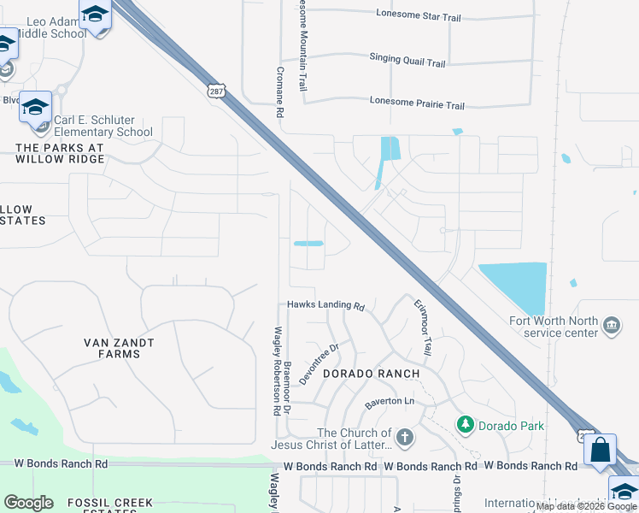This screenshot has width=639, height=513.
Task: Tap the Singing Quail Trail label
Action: pos(407,61)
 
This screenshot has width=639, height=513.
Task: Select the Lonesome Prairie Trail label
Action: pos(417,105)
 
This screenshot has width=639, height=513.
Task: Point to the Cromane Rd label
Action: pos(279,92)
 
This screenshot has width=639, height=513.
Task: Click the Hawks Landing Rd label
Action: pos(325,305)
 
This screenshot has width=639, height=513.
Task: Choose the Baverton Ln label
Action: pos(390,401)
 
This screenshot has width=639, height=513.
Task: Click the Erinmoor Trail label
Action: pos(423,328)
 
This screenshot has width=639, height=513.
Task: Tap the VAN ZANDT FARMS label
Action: pos(120,348)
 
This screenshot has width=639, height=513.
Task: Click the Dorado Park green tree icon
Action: pos(465,424)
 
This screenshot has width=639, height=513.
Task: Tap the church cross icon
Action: pos(405,438)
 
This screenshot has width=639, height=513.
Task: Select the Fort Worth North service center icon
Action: pos(612,325)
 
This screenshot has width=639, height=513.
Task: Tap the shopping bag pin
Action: pos(601,450)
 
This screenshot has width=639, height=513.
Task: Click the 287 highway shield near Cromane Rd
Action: pos(215,90)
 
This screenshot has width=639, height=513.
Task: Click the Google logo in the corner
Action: pos(28,503)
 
